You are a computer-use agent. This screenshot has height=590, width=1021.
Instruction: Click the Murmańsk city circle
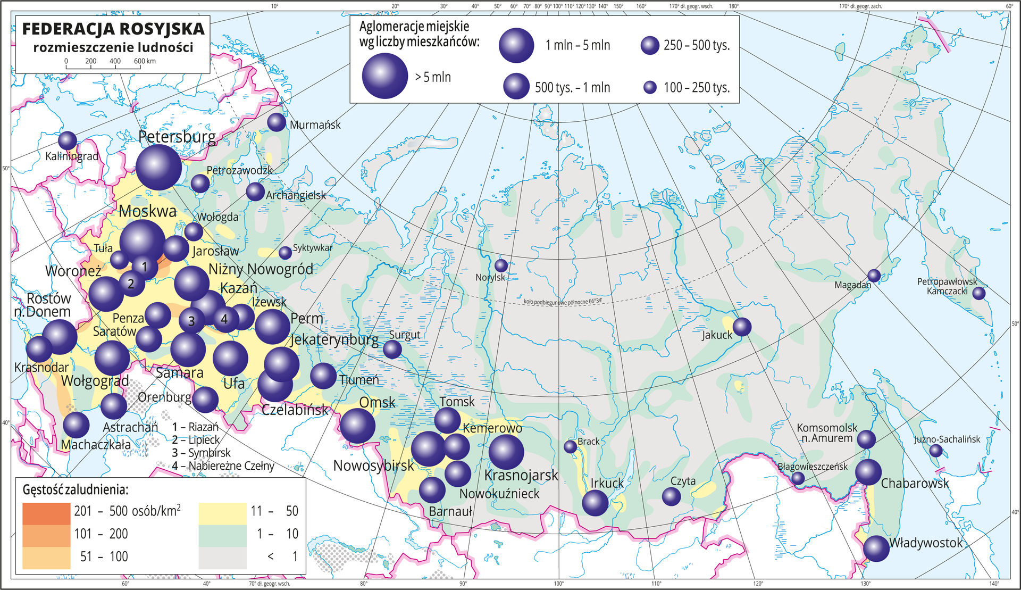277,122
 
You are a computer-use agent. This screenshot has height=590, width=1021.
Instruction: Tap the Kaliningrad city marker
68,141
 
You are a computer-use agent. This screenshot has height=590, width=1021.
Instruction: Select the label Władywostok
926,543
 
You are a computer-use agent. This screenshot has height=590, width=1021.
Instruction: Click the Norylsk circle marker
501,265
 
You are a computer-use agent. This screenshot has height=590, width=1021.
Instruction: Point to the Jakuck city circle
742,327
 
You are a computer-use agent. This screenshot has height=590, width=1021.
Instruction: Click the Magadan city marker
874,276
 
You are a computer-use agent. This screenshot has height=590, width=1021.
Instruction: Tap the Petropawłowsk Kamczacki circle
979,293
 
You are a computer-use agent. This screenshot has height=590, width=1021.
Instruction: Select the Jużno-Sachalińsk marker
936,451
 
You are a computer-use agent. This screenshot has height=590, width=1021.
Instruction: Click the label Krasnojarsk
521,475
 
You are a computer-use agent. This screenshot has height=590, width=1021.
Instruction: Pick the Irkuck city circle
595,503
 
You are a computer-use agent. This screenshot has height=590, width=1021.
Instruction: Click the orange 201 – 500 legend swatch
46,513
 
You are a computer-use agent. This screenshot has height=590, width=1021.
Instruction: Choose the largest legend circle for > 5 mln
385,76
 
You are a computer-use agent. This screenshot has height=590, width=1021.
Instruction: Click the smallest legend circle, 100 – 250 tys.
650,87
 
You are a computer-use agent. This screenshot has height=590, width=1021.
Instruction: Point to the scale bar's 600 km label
145,61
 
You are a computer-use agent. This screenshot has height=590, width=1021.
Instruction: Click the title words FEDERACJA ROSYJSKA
113,29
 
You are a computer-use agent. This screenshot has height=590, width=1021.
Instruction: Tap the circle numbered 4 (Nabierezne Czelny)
225,319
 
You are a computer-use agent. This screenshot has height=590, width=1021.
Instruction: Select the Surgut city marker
392,350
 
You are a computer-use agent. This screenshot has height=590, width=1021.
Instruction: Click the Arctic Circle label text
563,301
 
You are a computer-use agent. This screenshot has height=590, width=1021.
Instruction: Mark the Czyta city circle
671,496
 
